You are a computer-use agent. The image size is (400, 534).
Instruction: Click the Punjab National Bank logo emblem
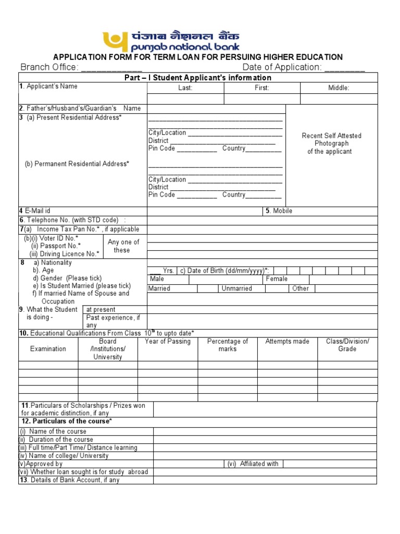point(116,41)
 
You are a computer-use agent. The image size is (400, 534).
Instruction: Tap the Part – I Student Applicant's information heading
point(197,78)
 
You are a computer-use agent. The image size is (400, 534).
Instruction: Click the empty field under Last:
point(185,99)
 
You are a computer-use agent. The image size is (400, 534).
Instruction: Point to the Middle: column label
point(339,88)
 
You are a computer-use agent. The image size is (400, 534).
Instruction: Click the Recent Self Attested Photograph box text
point(331,143)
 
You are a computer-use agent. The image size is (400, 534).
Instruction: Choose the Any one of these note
point(123,246)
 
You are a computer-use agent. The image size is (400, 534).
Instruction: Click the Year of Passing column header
point(168,342)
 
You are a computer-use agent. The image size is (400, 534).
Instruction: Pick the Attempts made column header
point(287,342)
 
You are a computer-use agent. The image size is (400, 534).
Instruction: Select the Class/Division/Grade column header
point(347,345)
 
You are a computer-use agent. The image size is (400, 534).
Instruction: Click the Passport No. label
point(56,246)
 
